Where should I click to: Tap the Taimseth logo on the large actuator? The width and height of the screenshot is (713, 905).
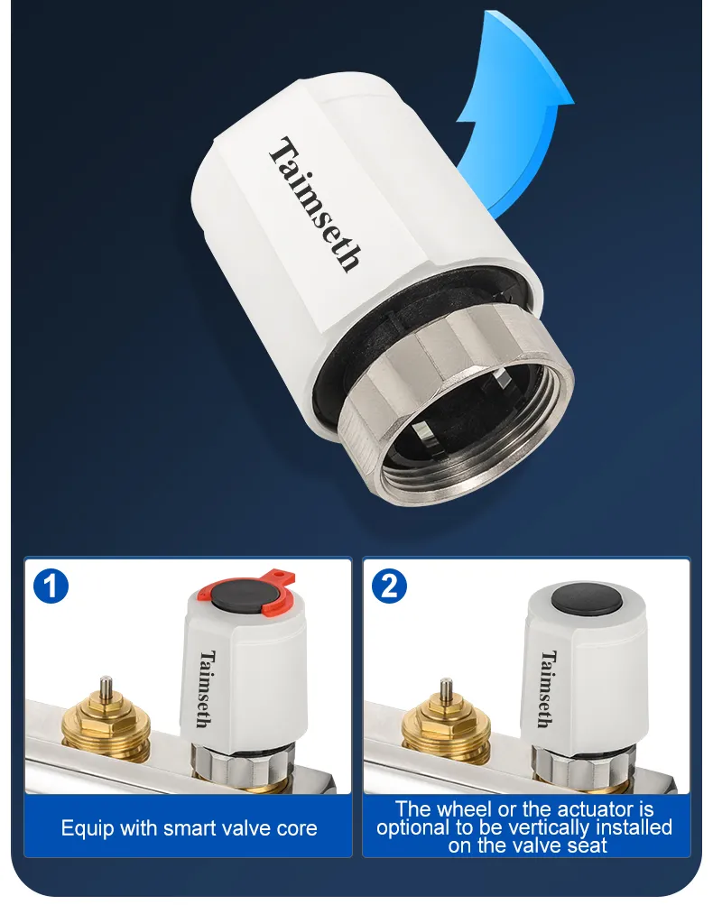point(316,204)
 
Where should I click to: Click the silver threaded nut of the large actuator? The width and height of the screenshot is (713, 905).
point(456,404)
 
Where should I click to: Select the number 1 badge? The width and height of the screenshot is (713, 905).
point(51,586)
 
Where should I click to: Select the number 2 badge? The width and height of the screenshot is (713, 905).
point(390,586)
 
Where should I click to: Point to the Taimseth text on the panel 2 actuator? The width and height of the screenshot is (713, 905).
point(548,688)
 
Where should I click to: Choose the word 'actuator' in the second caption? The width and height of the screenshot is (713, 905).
point(579,809)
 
